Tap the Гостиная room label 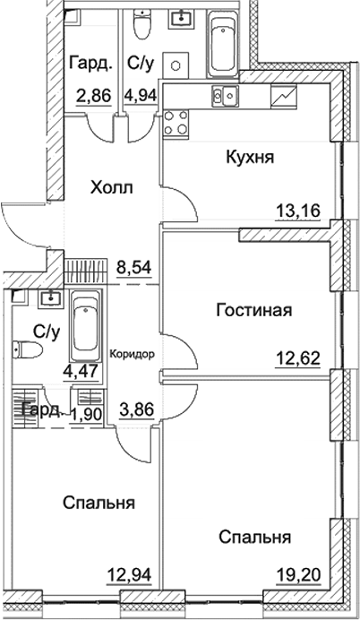click(x=255, y=311)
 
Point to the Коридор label click(x=133, y=353)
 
